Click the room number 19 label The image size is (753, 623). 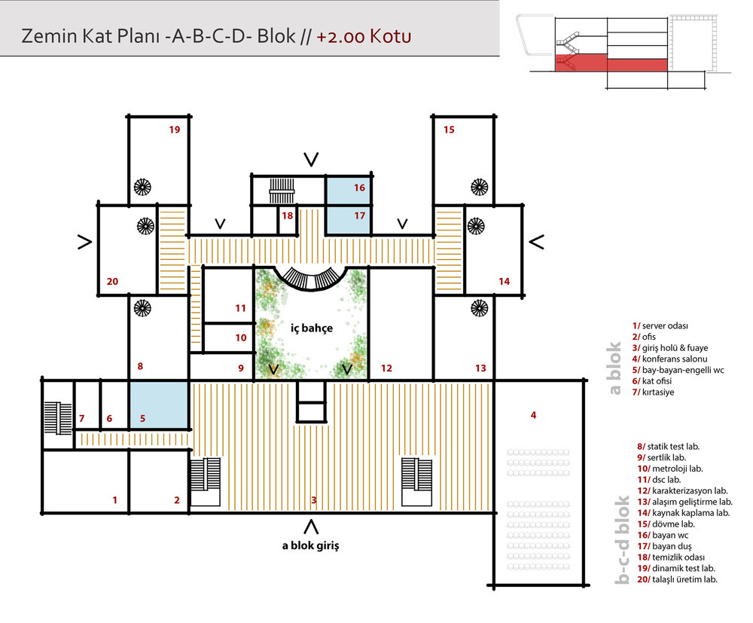(175, 130)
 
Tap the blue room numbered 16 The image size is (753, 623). (349, 191)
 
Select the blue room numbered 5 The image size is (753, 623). (158, 405)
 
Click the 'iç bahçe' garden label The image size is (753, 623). (312, 328)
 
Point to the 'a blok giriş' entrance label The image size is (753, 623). (311, 545)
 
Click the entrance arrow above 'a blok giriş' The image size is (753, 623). (311, 527)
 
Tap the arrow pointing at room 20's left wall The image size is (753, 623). (84, 243)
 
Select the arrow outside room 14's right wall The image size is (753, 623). (536, 242)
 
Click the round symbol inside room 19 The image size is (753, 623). (142, 187)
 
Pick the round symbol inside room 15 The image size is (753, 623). (479, 187)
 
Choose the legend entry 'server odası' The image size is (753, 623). (660, 325)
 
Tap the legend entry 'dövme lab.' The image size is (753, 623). (666, 524)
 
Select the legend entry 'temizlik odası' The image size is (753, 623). (671, 557)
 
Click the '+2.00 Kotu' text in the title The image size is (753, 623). (364, 36)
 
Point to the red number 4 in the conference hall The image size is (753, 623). (533, 415)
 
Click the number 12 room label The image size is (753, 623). (386, 368)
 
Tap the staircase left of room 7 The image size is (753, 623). (58, 418)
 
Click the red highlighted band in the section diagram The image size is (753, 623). (611, 63)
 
